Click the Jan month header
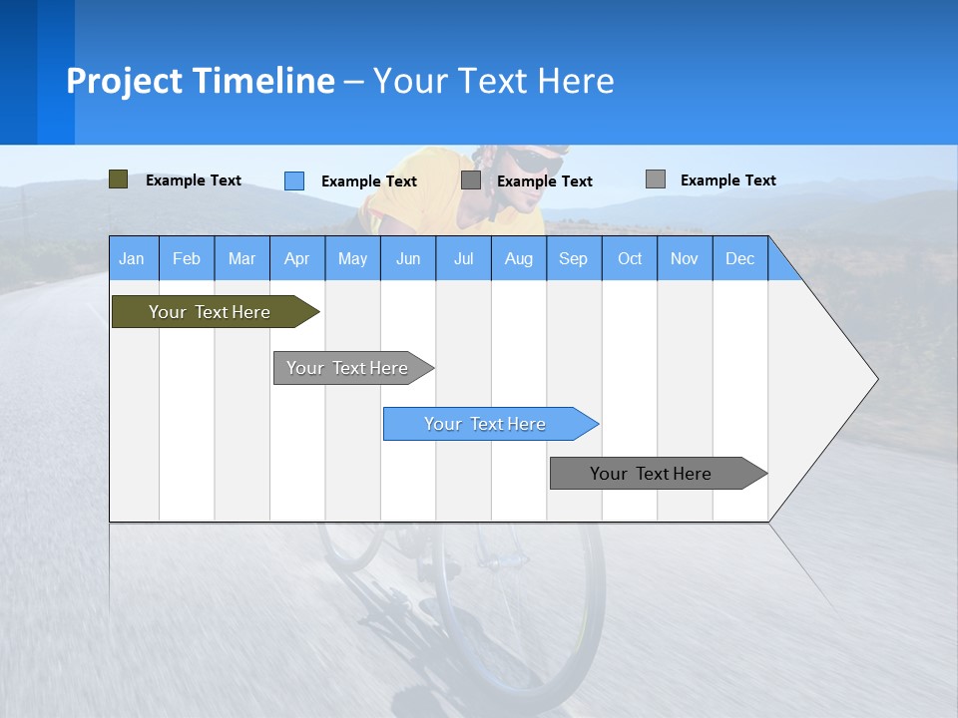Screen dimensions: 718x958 pos(132,259)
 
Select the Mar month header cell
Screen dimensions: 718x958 pos(241,259)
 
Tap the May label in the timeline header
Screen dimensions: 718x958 pos(352,259)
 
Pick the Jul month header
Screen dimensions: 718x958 pos(463,259)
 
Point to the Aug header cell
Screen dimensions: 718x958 pos(518,259)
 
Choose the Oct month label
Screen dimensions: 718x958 pos(630,259)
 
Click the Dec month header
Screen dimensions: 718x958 pos(739,259)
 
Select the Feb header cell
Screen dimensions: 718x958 pos(187,259)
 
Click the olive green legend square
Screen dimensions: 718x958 pos(118,179)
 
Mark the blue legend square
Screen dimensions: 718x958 pos(294,180)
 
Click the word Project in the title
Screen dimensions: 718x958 pos(125,81)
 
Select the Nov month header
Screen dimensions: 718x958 pos(685,259)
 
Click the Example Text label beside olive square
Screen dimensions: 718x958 pos(194,180)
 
